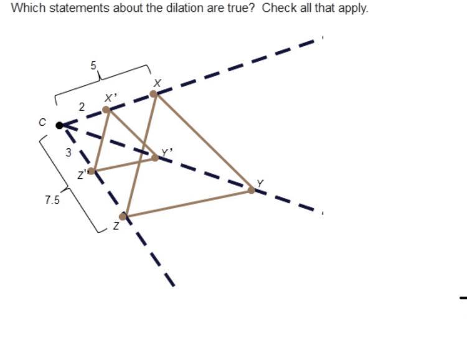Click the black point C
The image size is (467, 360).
pos(60,125)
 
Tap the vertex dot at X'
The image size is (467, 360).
pos(106,110)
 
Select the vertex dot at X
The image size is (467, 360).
pos(154,93)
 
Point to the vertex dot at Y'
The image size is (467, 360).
pos(155,158)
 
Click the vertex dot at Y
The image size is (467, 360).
pos(252,189)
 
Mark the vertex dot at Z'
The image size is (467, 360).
pos(92,171)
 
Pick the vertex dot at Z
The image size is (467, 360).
pos(123,216)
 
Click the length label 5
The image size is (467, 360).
pos(93,65)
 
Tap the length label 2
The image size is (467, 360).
pos(82,107)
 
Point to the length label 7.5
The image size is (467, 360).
pos(52,201)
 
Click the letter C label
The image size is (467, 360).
pos(42,123)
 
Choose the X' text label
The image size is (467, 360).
pos(111,97)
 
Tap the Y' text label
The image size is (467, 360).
pos(166,152)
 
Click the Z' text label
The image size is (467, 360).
pos(82,176)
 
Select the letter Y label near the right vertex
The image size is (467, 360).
pos(260,182)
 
